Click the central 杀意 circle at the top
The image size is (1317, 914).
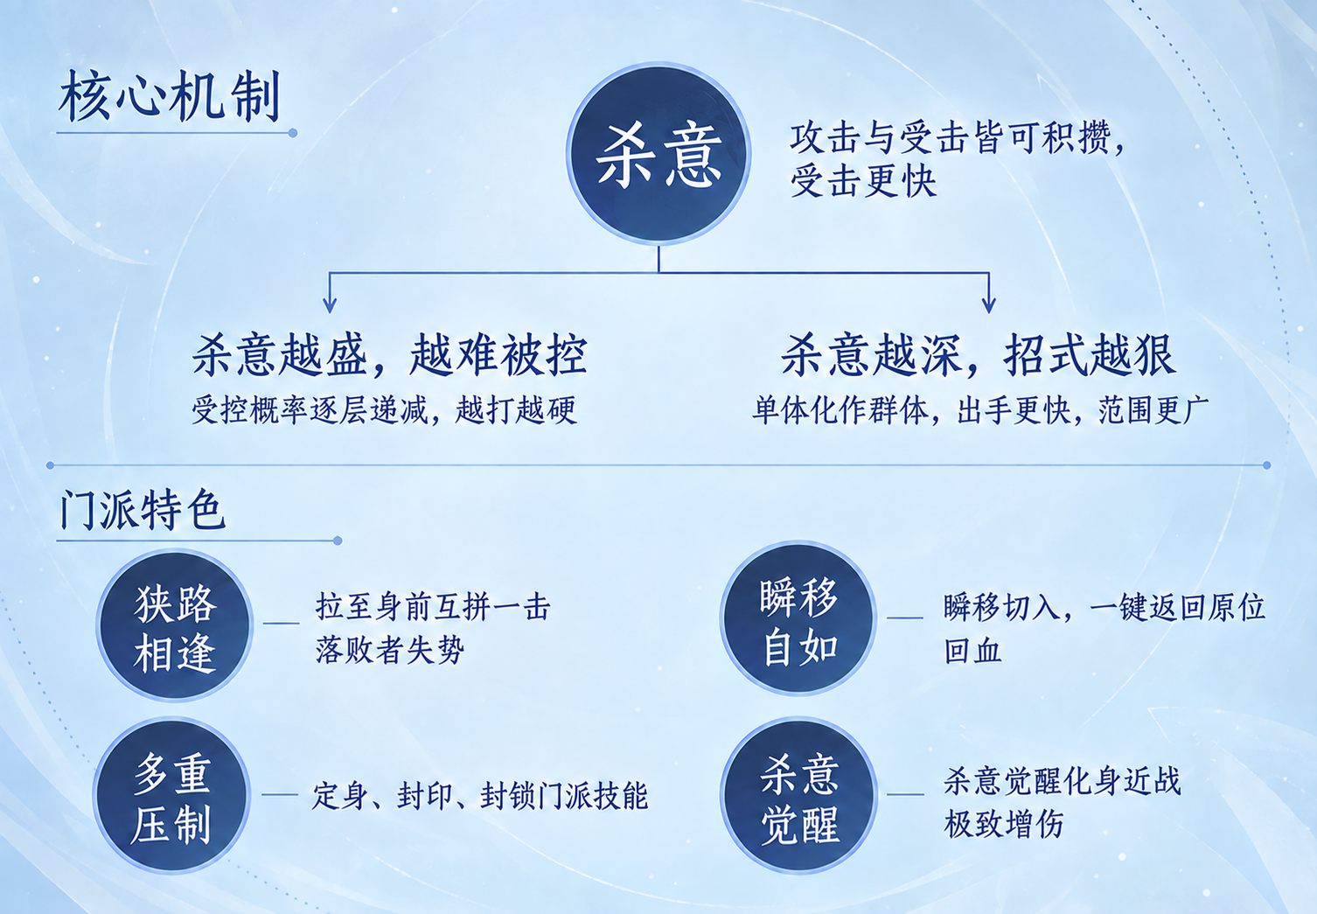[x=658, y=154]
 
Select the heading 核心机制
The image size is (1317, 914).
[x=169, y=96]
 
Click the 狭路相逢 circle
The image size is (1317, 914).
[x=175, y=625]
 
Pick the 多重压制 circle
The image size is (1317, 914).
[x=171, y=795]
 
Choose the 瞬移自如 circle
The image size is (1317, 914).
[x=798, y=618]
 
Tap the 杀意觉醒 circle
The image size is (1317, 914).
[x=798, y=795]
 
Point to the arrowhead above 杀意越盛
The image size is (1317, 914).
[x=330, y=304]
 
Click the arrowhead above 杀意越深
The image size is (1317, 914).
[x=988, y=304]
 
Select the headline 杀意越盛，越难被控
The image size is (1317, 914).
[x=390, y=354]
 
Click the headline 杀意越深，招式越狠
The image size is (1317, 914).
[x=979, y=354]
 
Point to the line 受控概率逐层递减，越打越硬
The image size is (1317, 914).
[x=384, y=410]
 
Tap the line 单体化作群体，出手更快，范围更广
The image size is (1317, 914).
[x=980, y=410]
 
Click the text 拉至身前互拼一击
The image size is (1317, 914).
[x=433, y=606]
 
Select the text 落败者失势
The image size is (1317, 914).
[x=390, y=650]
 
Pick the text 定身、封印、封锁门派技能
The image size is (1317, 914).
[x=480, y=796]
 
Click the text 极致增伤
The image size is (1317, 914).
[x=1004, y=823]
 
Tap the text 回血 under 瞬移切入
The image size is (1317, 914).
[x=972, y=651]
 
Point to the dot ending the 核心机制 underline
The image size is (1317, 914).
[x=293, y=134]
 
